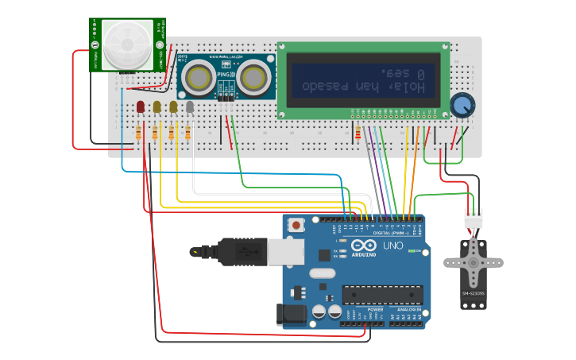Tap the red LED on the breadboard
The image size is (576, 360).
(141, 106)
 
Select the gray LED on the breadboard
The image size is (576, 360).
(189, 106)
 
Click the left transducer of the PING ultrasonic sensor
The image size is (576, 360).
(196, 77)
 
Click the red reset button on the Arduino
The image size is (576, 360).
(296, 225)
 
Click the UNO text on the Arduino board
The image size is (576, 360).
(392, 246)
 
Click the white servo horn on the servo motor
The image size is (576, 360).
(473, 263)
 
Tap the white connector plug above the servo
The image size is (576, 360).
(473, 217)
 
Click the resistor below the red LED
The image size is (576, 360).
(139, 133)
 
